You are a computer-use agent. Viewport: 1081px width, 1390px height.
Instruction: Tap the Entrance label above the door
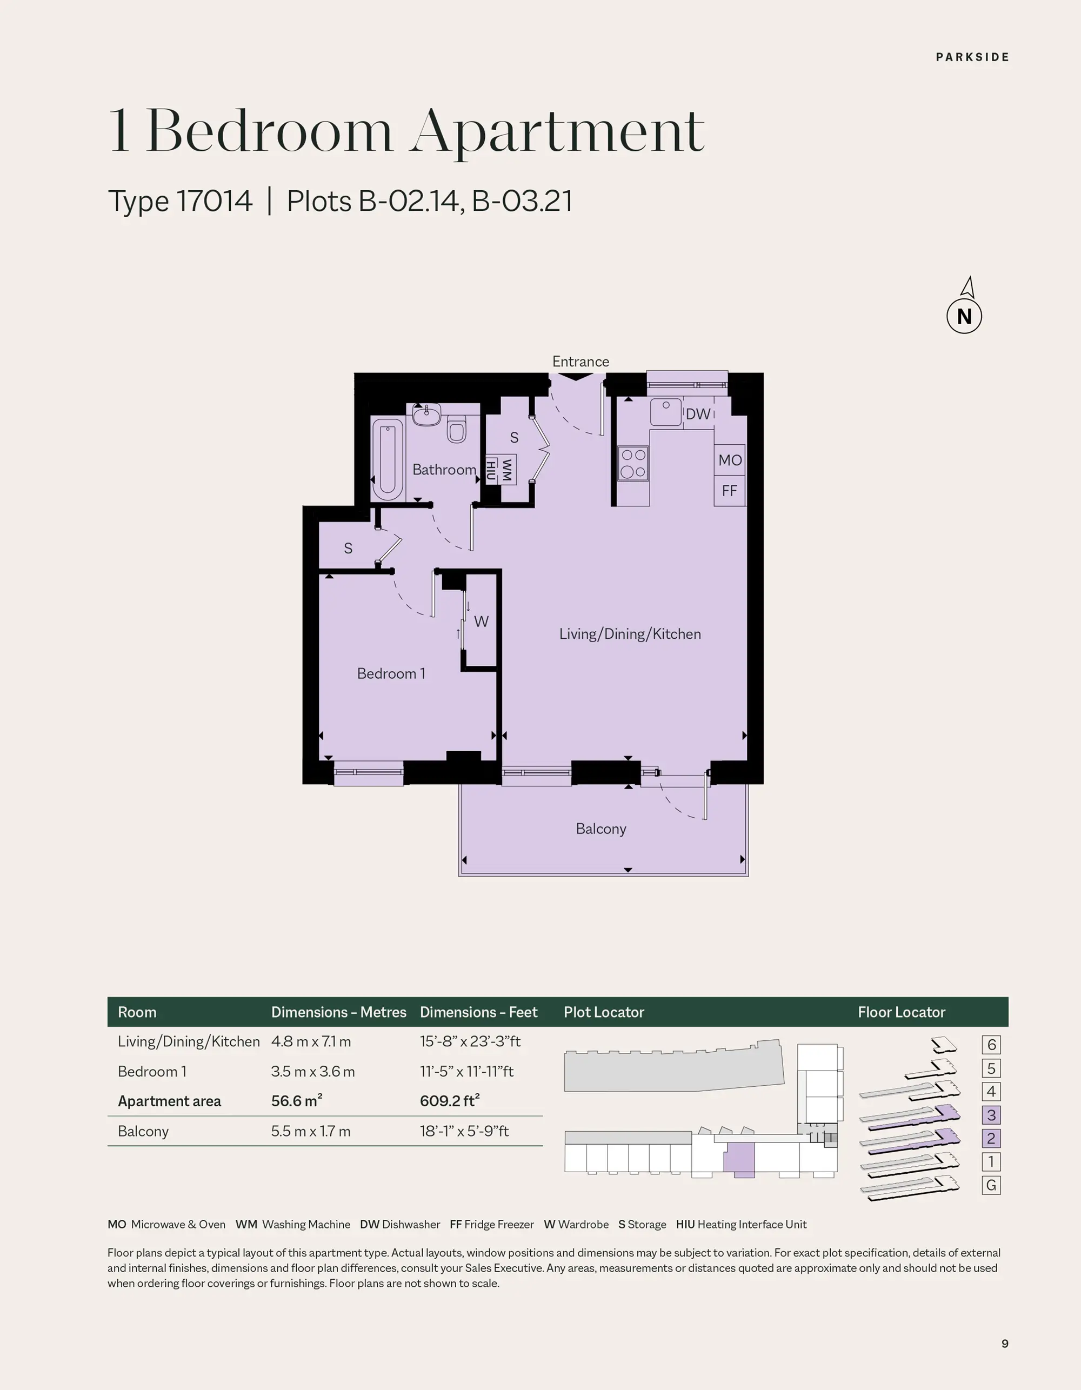(x=580, y=362)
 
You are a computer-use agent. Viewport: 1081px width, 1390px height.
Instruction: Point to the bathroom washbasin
(x=426, y=415)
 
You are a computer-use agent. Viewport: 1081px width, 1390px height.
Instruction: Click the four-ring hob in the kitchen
(x=633, y=463)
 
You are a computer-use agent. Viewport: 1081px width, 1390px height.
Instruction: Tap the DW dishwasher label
(x=698, y=415)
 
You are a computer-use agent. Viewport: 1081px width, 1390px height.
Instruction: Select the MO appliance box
(x=730, y=460)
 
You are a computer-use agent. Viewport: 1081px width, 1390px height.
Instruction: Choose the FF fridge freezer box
(x=730, y=491)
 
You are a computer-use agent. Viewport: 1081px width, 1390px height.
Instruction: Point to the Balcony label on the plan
(x=601, y=828)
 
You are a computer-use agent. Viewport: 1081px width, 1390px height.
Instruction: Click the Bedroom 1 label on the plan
(x=391, y=673)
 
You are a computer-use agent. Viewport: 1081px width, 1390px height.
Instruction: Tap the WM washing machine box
(x=508, y=470)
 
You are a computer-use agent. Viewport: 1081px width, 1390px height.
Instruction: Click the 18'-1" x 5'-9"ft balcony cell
(x=464, y=1131)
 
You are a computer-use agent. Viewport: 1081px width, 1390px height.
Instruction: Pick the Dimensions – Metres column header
(x=339, y=1012)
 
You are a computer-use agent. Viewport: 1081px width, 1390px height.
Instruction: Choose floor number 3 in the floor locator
(x=991, y=1115)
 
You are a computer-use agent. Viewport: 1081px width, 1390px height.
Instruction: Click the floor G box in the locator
(x=991, y=1185)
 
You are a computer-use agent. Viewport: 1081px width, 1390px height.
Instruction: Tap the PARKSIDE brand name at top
(x=972, y=57)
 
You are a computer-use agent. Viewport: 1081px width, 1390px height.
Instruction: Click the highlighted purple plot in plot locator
(x=739, y=1160)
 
